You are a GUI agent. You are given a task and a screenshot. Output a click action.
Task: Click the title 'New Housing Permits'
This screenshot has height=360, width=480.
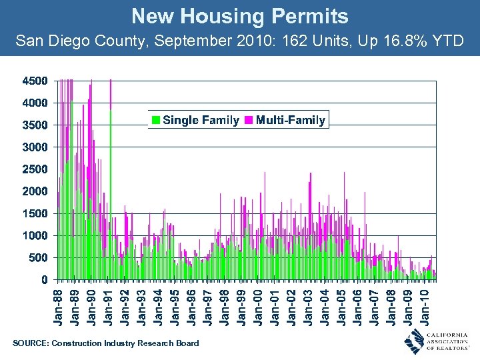pos(239,16)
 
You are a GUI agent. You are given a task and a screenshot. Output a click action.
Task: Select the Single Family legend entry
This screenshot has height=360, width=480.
pos(195,120)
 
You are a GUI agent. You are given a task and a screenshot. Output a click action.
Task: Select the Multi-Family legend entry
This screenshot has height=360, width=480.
pos(286,120)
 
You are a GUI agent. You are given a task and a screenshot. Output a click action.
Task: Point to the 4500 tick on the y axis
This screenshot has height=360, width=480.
pos(35,81)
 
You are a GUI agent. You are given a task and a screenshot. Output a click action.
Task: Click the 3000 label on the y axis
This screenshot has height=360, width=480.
pos(35,147)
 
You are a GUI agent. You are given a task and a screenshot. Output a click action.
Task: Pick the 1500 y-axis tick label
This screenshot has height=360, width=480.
pos(35,213)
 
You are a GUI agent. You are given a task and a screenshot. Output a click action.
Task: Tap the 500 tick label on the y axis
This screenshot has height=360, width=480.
pos(38,257)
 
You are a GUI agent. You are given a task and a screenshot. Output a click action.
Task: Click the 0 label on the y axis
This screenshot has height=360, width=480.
pos(44,279)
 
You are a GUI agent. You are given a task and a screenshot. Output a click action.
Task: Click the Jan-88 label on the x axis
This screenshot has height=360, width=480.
pos(59,306)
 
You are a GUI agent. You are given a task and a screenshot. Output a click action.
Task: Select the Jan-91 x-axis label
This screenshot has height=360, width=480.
pos(109,306)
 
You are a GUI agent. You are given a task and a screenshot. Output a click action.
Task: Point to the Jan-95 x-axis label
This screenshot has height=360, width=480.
pos(175,306)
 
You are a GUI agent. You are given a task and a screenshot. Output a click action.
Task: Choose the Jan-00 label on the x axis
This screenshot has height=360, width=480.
pos(259,306)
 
